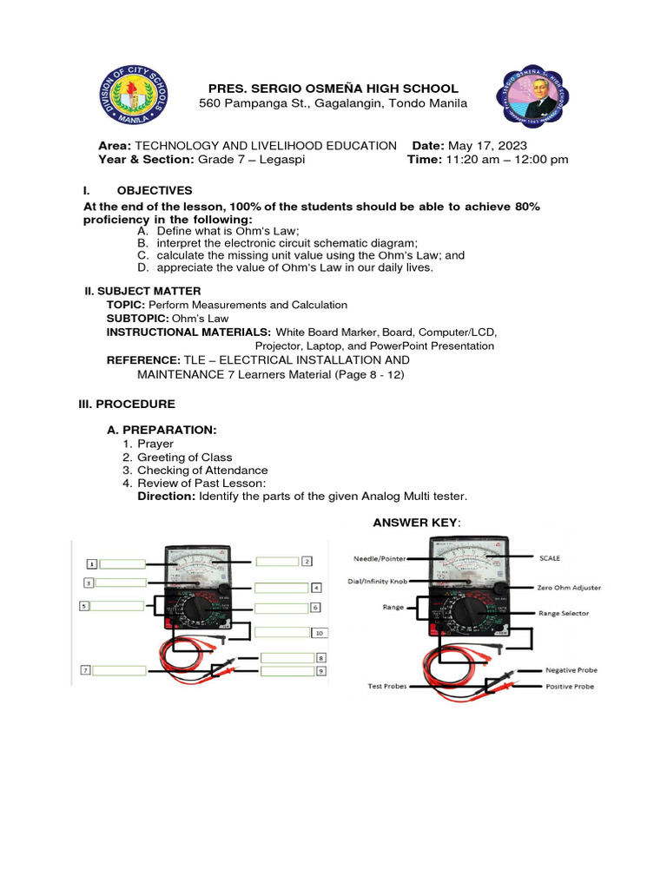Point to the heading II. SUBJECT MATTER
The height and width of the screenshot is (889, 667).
click(x=142, y=291)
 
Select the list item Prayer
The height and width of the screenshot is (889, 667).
click(x=155, y=444)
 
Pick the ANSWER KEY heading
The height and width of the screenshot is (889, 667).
click(x=416, y=522)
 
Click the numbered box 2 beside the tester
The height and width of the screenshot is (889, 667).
click(x=307, y=562)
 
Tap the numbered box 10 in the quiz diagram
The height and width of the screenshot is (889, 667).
click(x=319, y=633)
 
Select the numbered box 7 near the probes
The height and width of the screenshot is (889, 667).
click(x=86, y=670)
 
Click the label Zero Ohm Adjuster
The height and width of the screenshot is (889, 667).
click(x=569, y=588)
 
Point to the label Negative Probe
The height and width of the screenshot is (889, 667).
click(x=571, y=670)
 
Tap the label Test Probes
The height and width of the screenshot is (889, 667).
click(x=386, y=687)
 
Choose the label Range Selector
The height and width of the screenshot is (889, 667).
click(x=563, y=613)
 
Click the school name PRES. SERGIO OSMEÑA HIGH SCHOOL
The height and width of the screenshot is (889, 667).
click(x=333, y=89)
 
